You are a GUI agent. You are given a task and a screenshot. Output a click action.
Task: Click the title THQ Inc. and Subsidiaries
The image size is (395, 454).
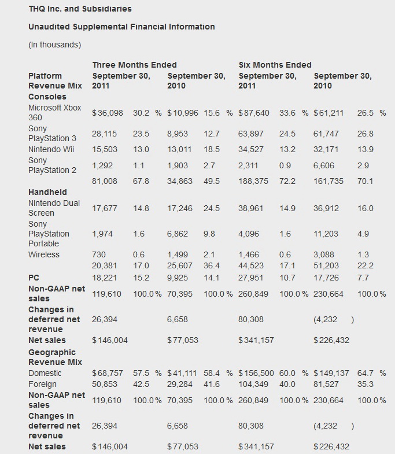coord(80,9)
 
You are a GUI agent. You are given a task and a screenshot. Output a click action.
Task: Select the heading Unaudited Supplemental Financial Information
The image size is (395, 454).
coord(121,27)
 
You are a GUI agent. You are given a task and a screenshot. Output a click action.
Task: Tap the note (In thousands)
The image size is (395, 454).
coord(54,45)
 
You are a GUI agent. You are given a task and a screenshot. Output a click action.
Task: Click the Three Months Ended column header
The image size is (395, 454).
coord(134,65)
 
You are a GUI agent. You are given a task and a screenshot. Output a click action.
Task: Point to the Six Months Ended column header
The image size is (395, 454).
coord(275,65)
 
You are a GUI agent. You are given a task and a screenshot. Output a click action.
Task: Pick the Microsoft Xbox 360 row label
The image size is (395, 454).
coord(54,113)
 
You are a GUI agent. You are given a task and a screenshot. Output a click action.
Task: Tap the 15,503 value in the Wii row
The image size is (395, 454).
coord(105,149)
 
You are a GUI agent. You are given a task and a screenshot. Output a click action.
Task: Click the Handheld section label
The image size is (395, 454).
coord(47,192)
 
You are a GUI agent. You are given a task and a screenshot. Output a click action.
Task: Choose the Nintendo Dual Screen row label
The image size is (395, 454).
coord(54,208)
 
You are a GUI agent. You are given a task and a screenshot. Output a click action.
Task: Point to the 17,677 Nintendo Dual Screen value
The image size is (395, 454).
coord(105,208)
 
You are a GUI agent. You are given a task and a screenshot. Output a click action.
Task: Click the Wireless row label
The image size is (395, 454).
coord(44,254)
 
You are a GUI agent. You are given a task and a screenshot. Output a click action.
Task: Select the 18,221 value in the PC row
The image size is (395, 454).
coord(105,278)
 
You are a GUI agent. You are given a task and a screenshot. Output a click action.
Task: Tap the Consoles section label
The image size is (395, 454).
coord(47,97)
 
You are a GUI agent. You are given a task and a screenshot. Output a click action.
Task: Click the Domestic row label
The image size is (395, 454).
coord(45,373)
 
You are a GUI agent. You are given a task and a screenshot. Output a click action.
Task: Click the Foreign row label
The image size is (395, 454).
coord(42,383)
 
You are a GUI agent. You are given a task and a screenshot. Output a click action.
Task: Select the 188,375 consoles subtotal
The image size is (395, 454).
coord(254,181)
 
